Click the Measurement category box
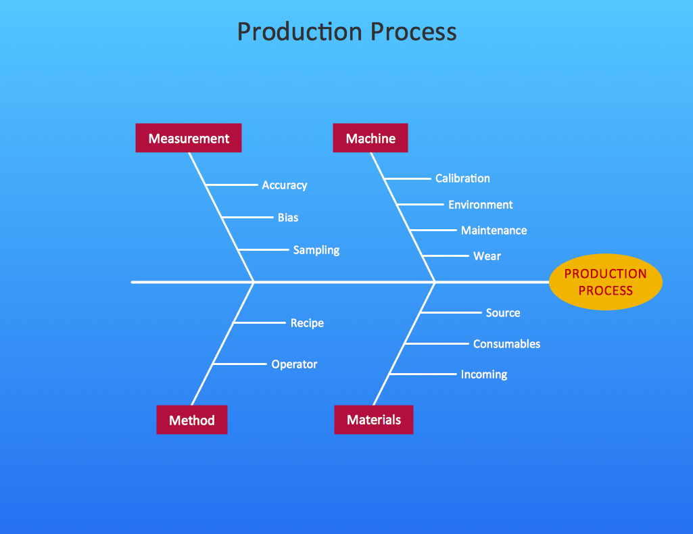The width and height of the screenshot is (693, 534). coord(188,138)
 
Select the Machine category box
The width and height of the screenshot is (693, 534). coord(370,138)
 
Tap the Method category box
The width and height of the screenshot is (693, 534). coord(191,420)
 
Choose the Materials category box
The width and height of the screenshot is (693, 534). coord(373,419)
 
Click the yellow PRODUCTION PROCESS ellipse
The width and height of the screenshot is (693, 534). coord(605,282)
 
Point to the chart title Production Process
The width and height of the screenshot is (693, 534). coord(346,32)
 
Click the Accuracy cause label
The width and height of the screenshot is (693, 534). coord(284,185)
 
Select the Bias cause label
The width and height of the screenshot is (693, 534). coord(287,218)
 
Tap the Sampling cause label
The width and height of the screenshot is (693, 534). coord(316,250)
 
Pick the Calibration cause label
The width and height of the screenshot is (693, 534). coord(462,178)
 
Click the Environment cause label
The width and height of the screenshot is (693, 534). coord(480,205)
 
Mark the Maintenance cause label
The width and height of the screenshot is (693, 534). coord(494,230)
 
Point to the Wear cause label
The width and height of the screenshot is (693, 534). coord(487,256)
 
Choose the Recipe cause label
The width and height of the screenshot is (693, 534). coord(307,323)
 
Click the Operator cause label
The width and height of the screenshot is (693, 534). coord(294,364)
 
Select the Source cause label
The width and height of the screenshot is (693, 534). coord(502,313)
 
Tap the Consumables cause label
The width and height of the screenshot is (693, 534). coord(506,344)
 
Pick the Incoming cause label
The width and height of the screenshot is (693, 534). coord(483,374)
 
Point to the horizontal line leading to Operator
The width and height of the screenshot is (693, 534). coord(240,364)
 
